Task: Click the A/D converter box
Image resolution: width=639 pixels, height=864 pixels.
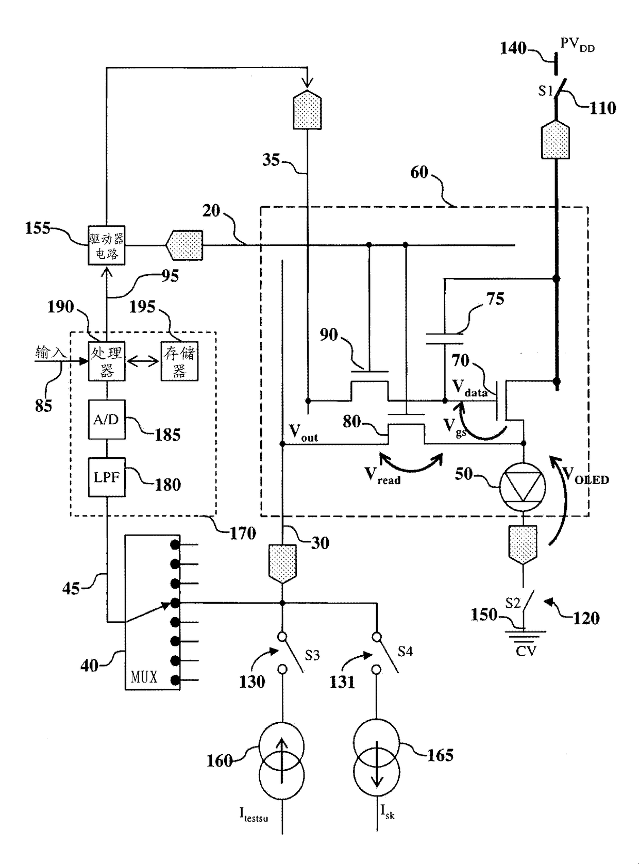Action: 107,420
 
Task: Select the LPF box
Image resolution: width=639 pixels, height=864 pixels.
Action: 107,477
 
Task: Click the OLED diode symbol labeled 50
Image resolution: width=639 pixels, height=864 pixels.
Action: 523,487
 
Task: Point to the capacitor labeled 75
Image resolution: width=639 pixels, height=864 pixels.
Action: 445,339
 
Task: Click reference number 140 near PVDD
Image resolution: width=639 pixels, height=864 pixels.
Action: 513,48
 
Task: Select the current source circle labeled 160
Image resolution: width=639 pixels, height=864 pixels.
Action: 281,760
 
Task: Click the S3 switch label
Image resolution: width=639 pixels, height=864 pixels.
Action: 312,655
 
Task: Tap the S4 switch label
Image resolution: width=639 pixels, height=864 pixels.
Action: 405,652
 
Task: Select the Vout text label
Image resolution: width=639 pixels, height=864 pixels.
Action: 303,433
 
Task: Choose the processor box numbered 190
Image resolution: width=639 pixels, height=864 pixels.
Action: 107,361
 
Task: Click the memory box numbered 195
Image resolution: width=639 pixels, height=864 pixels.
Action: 179,361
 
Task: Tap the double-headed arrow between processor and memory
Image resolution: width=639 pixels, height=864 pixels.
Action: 143,362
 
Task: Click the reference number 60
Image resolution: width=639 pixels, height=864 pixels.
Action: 419,172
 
